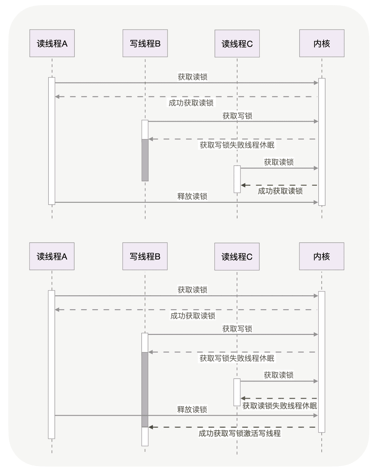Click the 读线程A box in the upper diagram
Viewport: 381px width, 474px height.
tap(52, 43)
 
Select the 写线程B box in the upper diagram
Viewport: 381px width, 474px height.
tap(145, 43)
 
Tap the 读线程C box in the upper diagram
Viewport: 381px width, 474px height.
tap(237, 44)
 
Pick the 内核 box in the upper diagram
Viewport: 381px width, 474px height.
tap(322, 43)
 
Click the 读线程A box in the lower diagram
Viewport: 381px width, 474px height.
tap(52, 256)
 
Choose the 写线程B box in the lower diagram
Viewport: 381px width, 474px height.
tap(145, 256)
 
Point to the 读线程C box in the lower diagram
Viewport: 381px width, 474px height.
tap(237, 257)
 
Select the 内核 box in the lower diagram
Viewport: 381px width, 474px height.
tap(321, 256)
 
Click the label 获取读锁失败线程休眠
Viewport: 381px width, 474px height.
tap(280, 406)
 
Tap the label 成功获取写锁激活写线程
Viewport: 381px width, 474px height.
tap(240, 433)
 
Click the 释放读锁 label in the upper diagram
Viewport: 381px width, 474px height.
tap(192, 196)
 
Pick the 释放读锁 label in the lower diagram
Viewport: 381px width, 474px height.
tap(192, 409)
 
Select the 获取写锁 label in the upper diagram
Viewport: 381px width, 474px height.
tap(237, 116)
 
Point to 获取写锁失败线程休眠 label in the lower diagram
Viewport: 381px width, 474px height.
tap(237, 358)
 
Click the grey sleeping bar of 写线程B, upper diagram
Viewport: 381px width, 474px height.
tap(145, 160)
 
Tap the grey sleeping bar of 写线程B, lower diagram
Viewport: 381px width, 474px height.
tap(145, 389)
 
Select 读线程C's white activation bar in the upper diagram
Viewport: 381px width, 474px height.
tap(237, 179)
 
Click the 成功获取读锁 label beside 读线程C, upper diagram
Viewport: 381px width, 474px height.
tap(280, 191)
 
